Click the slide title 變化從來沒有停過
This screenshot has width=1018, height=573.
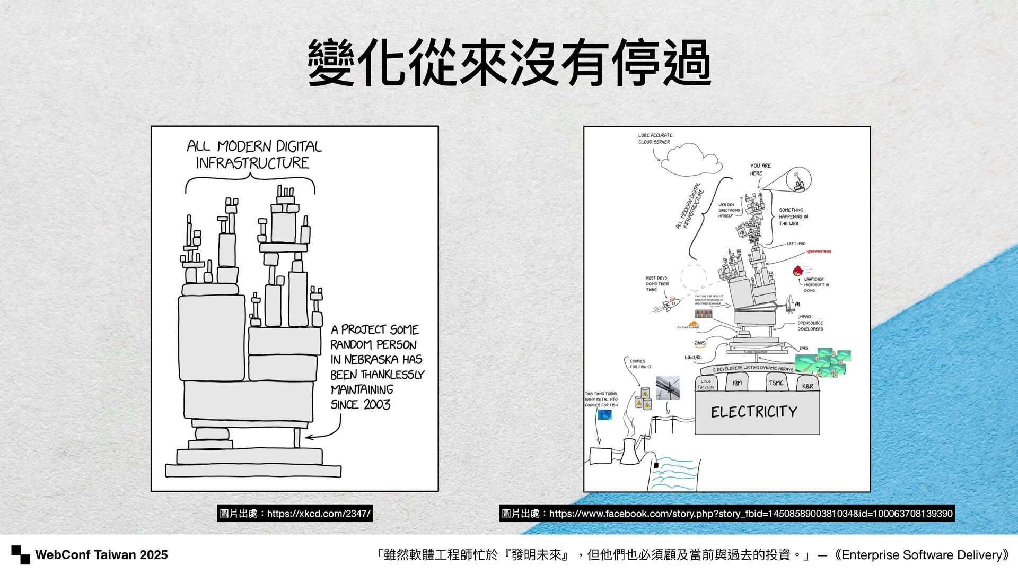(509, 63)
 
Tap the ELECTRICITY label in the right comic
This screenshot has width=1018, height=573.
(754, 412)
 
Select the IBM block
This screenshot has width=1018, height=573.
(737, 383)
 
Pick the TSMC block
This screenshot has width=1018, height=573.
(776, 383)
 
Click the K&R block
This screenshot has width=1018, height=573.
(808, 386)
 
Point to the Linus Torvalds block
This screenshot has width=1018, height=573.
(706, 384)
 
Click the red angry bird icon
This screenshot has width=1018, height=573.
(798, 271)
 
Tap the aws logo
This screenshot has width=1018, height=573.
(700, 343)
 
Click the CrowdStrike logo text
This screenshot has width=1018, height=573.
(819, 251)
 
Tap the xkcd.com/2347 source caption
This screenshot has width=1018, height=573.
(295, 514)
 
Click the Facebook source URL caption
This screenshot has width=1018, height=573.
(726, 514)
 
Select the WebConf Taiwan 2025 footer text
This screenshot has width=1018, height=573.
(101, 555)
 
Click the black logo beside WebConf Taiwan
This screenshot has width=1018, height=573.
(21, 554)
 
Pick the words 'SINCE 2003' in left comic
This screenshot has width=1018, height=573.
(361, 405)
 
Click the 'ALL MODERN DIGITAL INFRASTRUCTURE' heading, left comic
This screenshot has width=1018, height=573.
(253, 154)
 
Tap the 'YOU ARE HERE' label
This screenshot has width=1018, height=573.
(760, 169)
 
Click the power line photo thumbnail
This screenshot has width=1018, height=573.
(668, 388)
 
